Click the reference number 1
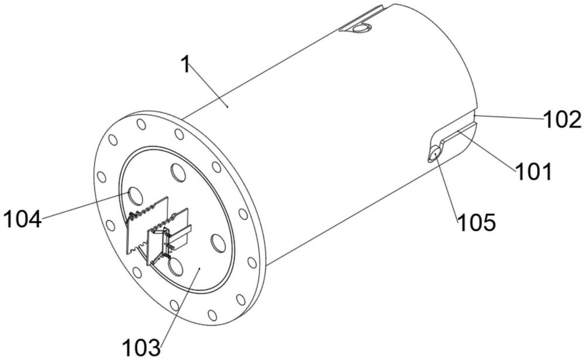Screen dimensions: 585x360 coord(185,64)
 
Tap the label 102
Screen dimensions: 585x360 coord(562,120)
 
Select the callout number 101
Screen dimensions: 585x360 coord(534,172)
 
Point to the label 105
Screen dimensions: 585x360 coord(476,222)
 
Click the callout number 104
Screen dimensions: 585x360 coord(22,219)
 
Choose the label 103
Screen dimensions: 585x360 coord(142,348)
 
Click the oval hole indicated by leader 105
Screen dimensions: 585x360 coord(434,154)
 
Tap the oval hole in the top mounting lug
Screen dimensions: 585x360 coord(360,28)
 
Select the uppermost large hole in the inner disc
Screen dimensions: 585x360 coord(178,172)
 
